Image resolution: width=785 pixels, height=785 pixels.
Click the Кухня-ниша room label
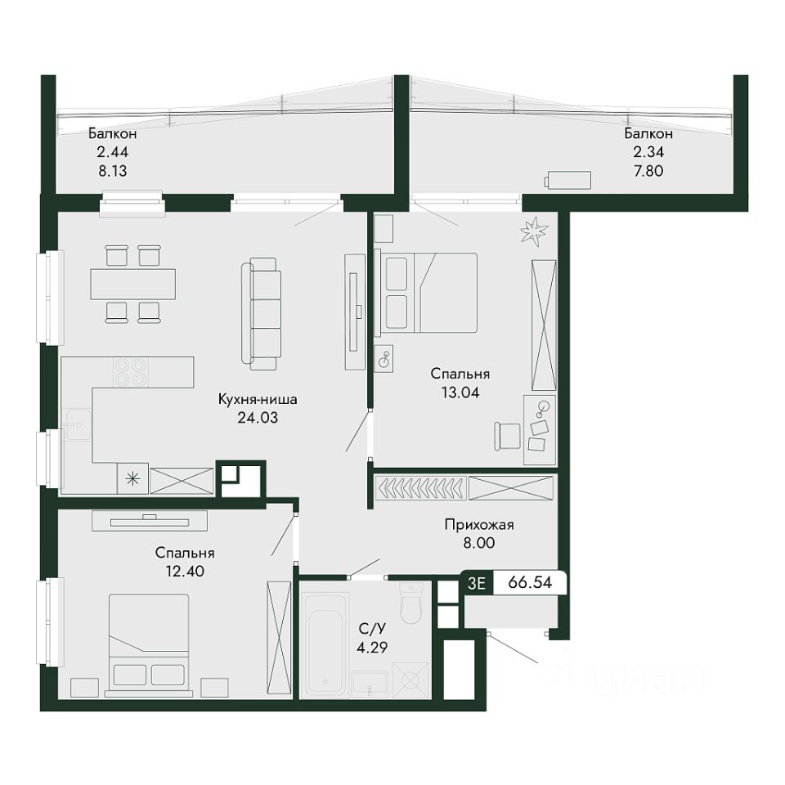click(258, 399)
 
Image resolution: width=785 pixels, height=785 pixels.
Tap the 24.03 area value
click(258, 418)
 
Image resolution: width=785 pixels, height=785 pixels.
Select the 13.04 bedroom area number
click(460, 392)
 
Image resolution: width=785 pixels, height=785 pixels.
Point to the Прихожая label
click(479, 525)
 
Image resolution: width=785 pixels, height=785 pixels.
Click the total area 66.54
click(530, 582)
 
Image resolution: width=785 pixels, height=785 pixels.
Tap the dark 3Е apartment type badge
click(477, 583)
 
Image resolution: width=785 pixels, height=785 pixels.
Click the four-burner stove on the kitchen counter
click(130, 372)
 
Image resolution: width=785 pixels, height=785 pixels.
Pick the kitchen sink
click(78, 424)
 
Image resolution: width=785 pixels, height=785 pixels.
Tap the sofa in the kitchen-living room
click(262, 314)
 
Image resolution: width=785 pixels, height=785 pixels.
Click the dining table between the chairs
click(132, 284)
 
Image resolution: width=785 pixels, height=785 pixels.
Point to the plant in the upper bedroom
click(534, 231)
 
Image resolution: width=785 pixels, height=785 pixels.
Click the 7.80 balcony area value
click(648, 171)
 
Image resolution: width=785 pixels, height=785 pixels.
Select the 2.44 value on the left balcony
click(113, 152)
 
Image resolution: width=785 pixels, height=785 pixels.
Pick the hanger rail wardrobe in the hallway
click(420, 487)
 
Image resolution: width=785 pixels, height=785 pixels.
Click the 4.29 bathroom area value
click(371, 648)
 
